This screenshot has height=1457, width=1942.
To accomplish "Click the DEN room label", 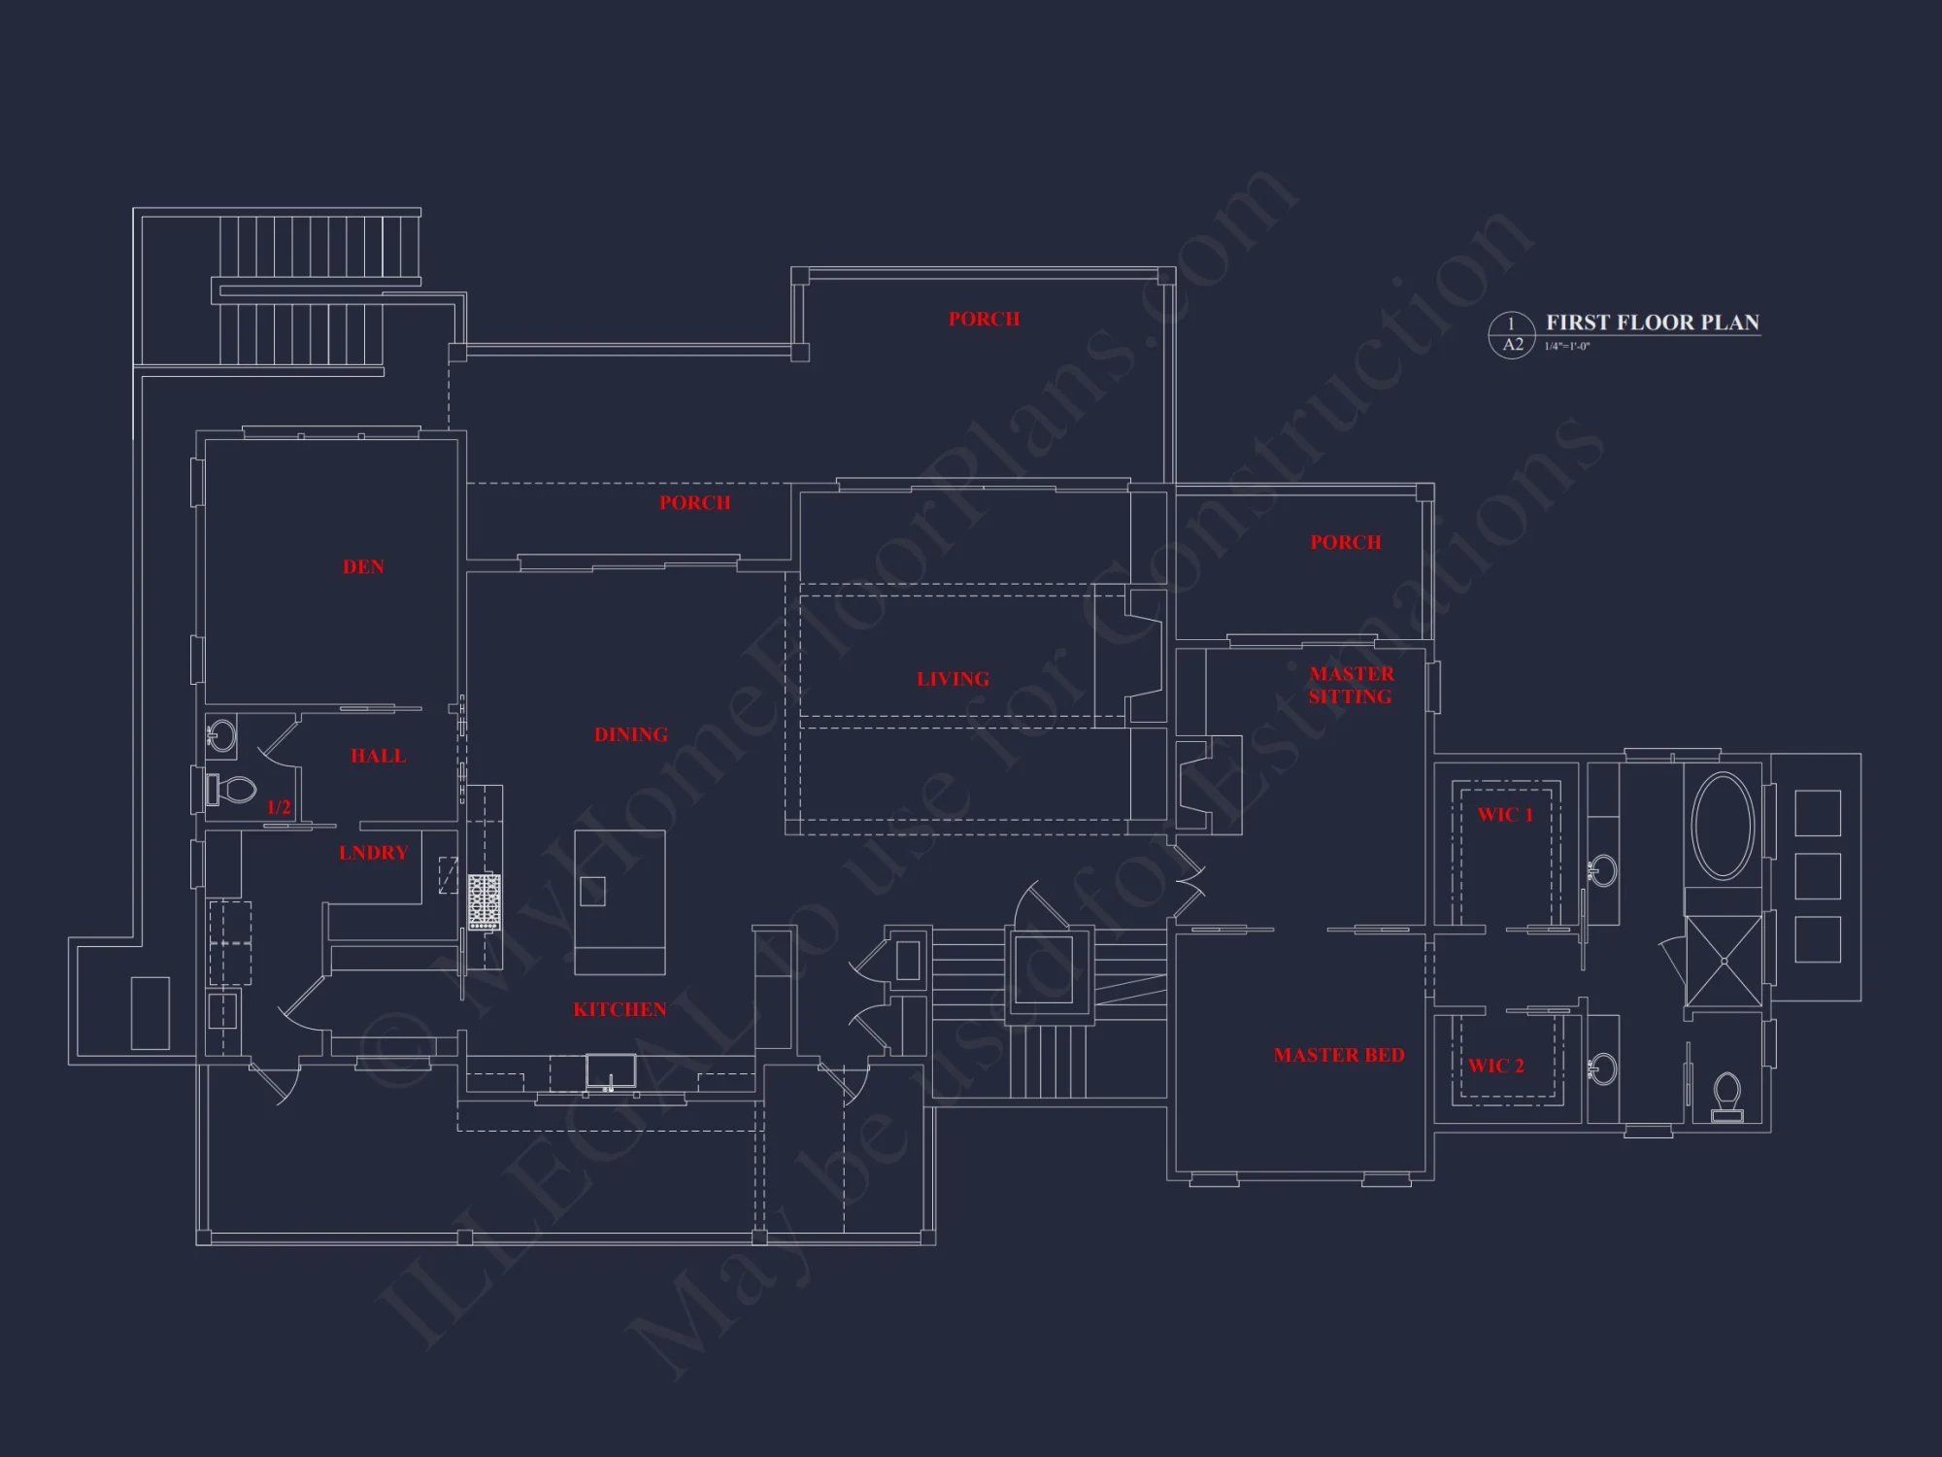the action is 363,567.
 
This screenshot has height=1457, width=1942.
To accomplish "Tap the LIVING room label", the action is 953,679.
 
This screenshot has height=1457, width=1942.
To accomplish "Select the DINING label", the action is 631,735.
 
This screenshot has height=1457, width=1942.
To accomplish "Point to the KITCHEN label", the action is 619,1010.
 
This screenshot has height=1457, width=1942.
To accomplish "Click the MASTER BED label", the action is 1339,1055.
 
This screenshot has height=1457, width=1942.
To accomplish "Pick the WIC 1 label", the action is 1505,815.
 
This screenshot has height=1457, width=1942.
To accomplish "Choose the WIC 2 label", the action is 1495,1066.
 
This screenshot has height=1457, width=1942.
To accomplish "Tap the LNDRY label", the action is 374,853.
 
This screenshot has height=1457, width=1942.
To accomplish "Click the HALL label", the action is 379,756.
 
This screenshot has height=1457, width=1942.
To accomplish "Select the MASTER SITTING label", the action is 1351,685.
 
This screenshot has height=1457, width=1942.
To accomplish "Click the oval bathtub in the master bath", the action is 1724,827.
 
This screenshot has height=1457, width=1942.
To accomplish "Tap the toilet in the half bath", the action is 231,789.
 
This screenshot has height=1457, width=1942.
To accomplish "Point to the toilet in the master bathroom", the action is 1727,1095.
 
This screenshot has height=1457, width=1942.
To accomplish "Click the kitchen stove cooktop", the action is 484,902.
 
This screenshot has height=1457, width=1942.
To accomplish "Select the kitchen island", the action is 619,901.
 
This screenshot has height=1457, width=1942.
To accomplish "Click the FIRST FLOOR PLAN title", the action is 1653,322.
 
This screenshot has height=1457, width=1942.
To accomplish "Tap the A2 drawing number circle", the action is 1512,335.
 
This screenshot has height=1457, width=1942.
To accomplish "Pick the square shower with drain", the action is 1724,961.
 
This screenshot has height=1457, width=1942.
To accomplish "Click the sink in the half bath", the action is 222,734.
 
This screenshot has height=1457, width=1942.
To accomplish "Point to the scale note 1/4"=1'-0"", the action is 1567,347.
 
